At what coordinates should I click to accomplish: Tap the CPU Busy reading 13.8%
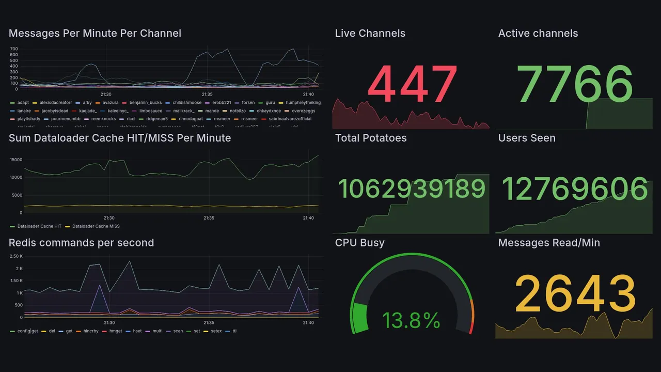pyautogui.click(x=411, y=321)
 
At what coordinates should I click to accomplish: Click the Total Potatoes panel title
pyautogui.click(x=370, y=138)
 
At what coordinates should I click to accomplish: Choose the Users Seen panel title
pyautogui.click(x=527, y=138)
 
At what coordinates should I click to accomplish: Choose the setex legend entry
pyautogui.click(x=215, y=331)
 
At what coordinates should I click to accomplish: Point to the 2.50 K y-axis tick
pyautogui.click(x=17, y=256)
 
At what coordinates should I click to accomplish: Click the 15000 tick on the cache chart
pyautogui.click(x=16, y=160)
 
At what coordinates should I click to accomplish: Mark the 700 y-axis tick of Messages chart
pyautogui.click(x=14, y=49)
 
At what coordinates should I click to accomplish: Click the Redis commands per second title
pyautogui.click(x=81, y=243)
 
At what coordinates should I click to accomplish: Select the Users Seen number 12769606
pyautogui.click(x=575, y=189)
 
